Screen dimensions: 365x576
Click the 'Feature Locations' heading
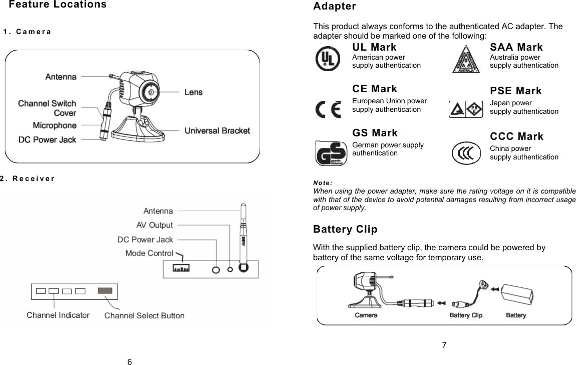pos(58,5)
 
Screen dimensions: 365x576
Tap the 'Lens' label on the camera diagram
pos(193,92)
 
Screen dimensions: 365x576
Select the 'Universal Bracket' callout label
pos(217,131)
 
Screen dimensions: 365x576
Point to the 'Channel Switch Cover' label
pos(47,108)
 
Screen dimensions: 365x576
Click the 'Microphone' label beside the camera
pos(55,125)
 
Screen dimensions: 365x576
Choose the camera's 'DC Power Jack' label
pos(48,140)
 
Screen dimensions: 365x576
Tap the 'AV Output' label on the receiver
pos(155,225)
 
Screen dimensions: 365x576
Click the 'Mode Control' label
pos(149,253)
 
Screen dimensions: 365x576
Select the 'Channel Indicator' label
pos(58,315)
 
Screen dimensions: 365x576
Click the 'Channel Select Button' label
pos(144,316)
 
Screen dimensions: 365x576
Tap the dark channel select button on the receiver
pos(105,290)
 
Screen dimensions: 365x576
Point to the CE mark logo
pos(328,109)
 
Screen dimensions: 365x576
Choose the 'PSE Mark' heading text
pos(515,91)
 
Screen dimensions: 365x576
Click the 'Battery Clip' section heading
pos(345,230)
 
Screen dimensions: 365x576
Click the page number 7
pos(444,345)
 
